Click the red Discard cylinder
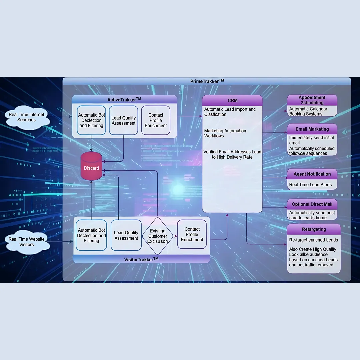pos(91,166)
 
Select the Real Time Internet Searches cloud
pos(26,117)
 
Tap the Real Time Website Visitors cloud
pos(27,242)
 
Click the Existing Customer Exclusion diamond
pos(158,236)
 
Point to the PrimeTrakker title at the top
pos(207,81)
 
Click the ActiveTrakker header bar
pos(124,99)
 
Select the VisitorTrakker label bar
pos(141,259)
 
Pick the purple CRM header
pos(232,100)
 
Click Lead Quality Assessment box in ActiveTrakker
pos(123,120)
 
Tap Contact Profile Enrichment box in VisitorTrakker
pos(192,234)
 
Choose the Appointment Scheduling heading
pos(312,100)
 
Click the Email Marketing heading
pos(312,129)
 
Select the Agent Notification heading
pos(312,174)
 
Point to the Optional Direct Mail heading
pos(312,204)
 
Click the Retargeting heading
pos(314,229)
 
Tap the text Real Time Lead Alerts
pos(310,185)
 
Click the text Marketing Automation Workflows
pos(225,133)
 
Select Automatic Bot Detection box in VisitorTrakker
pos(91,235)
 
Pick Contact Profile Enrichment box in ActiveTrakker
pos(156,120)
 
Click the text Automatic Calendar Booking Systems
pos(308,111)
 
